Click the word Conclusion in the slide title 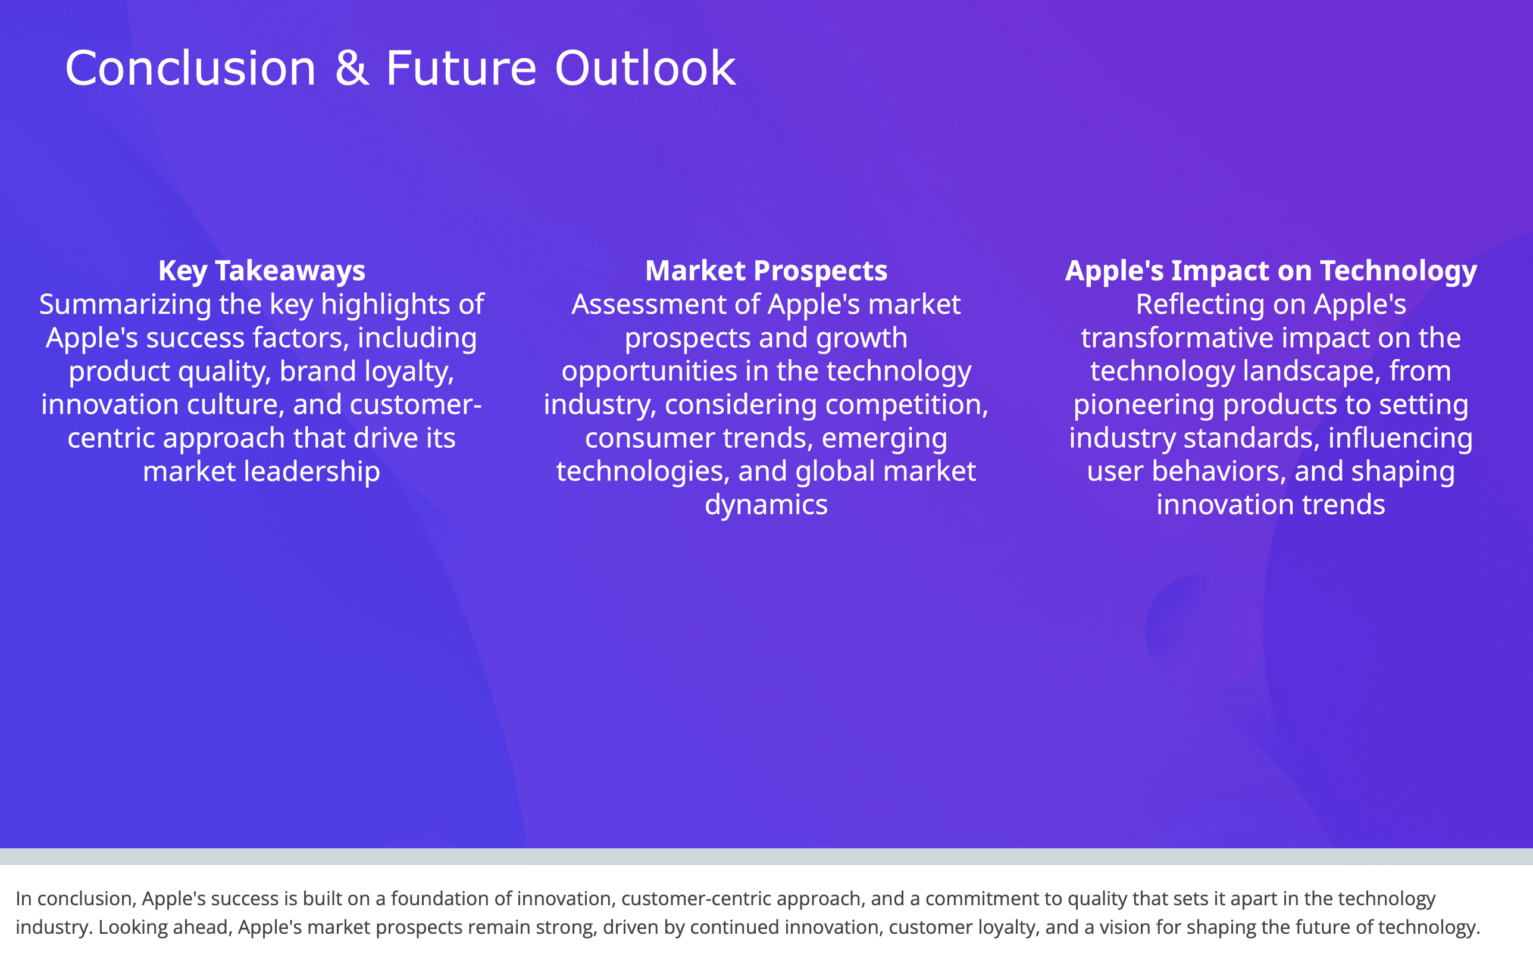click(190, 68)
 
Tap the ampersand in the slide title click(351, 68)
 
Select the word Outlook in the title click(645, 68)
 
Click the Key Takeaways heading click(261, 271)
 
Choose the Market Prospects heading click(766, 271)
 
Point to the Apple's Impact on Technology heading click(1271, 271)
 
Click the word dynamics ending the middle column click(766, 505)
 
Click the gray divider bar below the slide click(766, 856)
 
